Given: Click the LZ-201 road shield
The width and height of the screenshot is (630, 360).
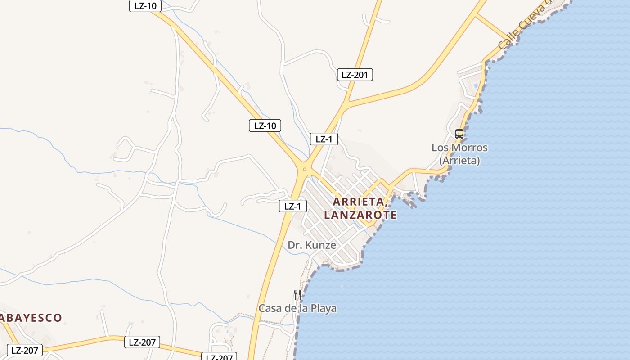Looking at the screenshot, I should pos(355,75).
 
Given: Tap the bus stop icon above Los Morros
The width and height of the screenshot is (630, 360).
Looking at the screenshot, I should pos(459,134).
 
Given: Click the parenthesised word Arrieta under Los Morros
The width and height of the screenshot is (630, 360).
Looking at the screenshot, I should pos(459,160).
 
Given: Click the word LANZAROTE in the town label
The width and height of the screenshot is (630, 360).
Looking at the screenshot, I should pos(360,215).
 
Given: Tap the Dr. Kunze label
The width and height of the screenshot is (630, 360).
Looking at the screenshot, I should pos(312,245).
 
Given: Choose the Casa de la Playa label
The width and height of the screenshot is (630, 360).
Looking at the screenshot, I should pos(297,308).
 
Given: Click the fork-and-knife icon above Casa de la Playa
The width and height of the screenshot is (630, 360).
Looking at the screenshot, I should pos(297,294).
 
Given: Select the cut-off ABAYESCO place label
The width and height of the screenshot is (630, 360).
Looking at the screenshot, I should pos(31,318).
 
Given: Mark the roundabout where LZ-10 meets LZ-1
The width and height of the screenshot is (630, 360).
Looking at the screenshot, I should pos(305,170).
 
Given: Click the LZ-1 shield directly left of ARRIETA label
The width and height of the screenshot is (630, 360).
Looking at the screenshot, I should pos(292,207).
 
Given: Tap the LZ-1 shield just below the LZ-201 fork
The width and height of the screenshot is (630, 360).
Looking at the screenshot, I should pos(324,139).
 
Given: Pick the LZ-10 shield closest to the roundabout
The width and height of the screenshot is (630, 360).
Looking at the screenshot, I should pos(265,126).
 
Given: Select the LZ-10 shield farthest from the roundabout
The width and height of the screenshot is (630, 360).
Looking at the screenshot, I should pos(145,6).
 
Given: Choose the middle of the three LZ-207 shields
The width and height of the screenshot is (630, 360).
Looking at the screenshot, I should pos(142,342).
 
